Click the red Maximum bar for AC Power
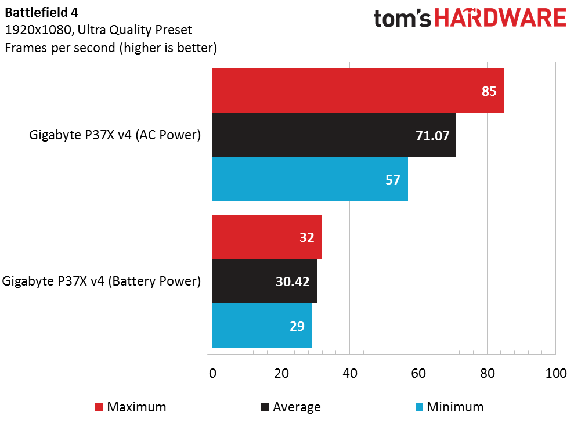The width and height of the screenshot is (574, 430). tap(358, 91)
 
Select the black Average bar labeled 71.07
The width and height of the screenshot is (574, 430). tap(334, 135)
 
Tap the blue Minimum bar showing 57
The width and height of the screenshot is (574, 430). tap(310, 179)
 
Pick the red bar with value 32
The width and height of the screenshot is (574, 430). tap(267, 237)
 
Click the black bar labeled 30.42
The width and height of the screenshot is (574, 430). tap(264, 281)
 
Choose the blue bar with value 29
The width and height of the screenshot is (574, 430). tap(262, 326)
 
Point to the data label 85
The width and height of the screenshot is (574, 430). tap(489, 91)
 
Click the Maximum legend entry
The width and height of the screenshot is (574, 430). tap(131, 407)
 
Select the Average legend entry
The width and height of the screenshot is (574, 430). tap(291, 407)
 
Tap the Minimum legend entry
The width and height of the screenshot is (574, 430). tap(450, 407)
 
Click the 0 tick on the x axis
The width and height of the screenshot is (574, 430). tap(212, 373)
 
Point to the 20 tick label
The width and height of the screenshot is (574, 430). tap(281, 373)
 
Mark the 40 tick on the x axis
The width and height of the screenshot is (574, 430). tap(350, 373)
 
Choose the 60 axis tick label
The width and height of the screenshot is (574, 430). tap(418, 373)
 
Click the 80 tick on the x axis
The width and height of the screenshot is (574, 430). tap(488, 373)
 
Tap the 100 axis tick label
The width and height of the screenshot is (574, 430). tap(556, 373)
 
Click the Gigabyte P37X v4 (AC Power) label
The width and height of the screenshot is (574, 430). tap(115, 135)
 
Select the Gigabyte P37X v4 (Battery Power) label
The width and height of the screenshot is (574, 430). tap(102, 281)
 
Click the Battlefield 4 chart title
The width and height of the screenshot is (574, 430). tap(41, 12)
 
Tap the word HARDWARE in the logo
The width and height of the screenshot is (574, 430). tap(501, 17)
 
